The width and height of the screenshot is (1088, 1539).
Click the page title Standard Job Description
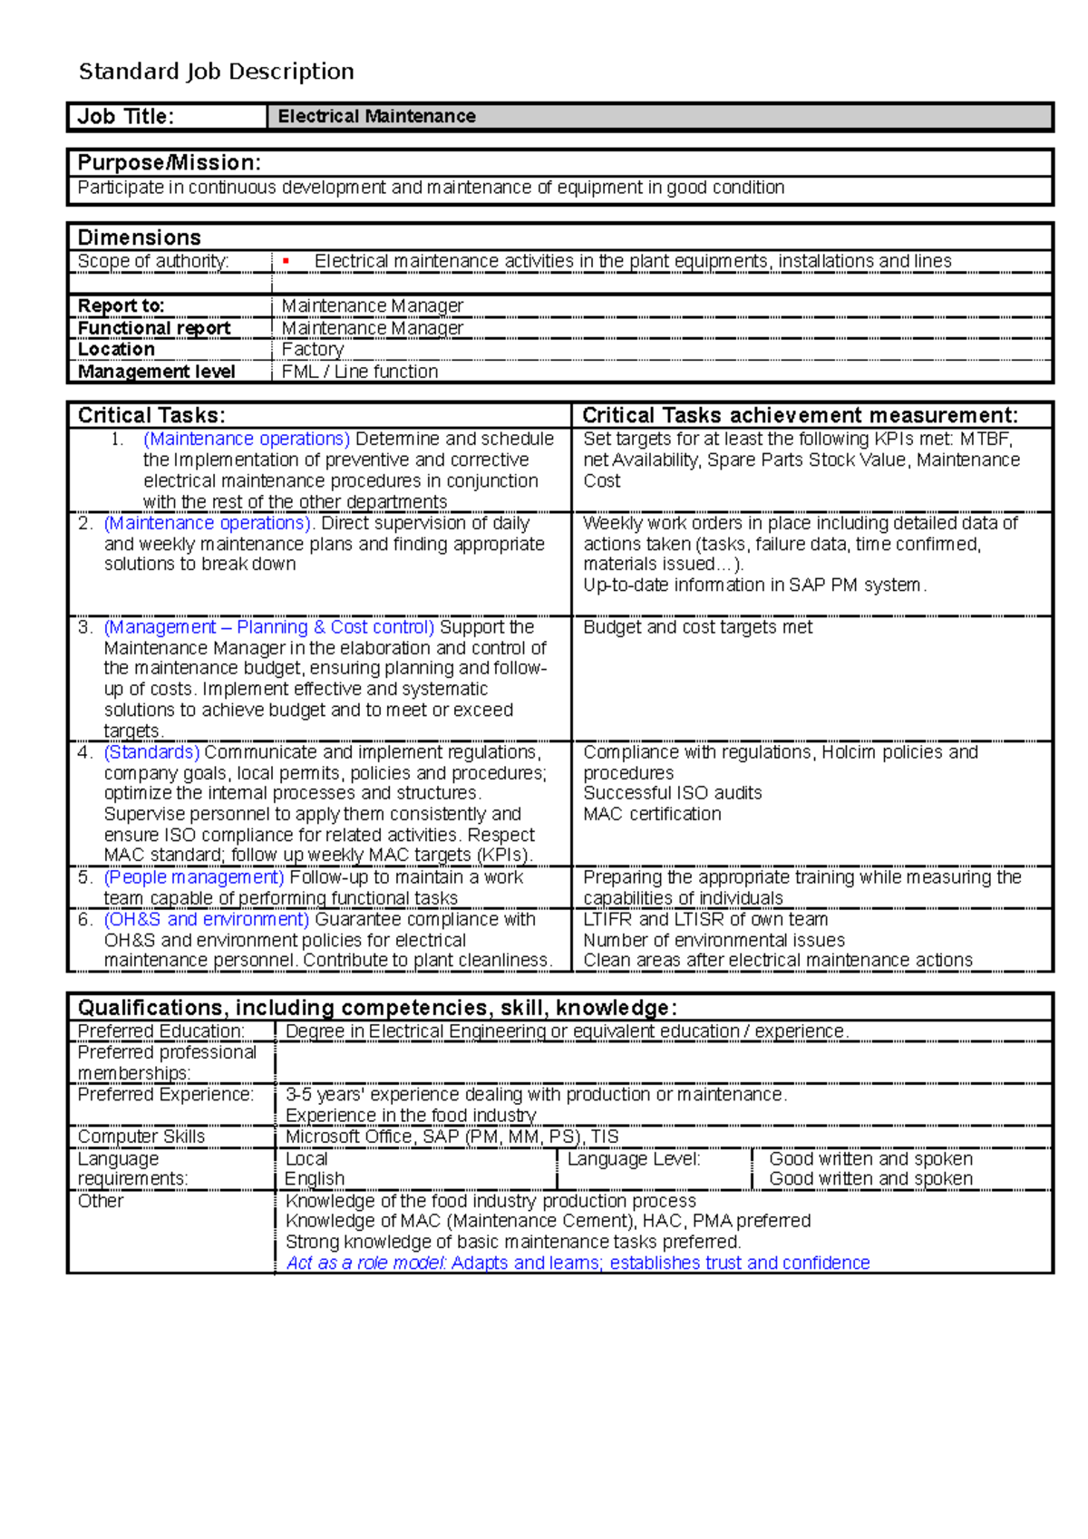coord(216,72)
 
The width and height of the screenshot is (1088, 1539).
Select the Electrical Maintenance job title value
coord(376,117)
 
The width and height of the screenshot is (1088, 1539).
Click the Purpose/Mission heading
coord(169,163)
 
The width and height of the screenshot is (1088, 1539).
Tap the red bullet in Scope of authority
coord(286,262)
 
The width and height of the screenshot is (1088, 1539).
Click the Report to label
coord(121,306)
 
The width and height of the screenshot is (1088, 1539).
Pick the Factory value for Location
coord(312,350)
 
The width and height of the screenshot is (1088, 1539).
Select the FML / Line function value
coord(359,372)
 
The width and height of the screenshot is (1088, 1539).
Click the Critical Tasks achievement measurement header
coord(799,416)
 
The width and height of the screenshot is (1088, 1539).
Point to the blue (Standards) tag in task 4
coord(151,752)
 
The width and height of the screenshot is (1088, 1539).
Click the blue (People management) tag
coord(194,877)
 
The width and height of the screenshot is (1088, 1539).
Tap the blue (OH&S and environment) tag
coord(207,919)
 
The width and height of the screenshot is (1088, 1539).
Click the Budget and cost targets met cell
coord(697,627)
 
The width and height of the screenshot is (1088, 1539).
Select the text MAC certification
coord(652,814)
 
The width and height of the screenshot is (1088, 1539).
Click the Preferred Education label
coord(160,1031)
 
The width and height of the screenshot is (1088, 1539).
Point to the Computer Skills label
coord(141,1137)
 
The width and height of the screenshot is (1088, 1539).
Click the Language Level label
coord(634,1159)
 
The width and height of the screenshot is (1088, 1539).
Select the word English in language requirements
coord(315,1179)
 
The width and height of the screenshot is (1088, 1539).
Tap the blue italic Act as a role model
coord(366,1263)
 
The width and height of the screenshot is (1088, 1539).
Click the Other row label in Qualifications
coord(100,1201)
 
